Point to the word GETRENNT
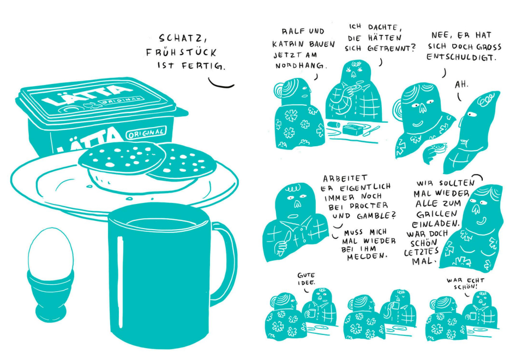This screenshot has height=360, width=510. click(x=392, y=49)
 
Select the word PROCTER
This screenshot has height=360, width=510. click(x=369, y=206)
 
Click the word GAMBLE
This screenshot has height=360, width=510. click(x=376, y=215)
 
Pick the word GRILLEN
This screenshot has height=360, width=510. click(x=436, y=214)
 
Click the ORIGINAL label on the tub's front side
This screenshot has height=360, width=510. click(x=146, y=133)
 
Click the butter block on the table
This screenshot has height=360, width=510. click(x=352, y=129)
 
